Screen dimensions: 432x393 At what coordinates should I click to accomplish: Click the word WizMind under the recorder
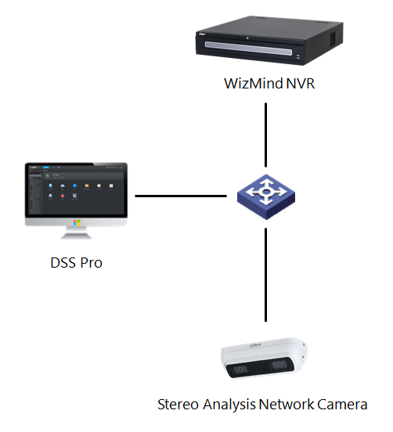coord(249,84)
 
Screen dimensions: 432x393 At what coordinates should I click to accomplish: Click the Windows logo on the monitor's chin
coord(77,222)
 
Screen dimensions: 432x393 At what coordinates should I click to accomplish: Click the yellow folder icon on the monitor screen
coord(88,185)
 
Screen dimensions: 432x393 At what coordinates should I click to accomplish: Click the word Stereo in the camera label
coord(178,405)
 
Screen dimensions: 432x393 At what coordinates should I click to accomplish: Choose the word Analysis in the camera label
coord(227,405)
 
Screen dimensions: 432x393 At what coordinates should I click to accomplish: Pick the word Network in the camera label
coord(284,405)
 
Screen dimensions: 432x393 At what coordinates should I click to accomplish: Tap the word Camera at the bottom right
coord(341,405)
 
